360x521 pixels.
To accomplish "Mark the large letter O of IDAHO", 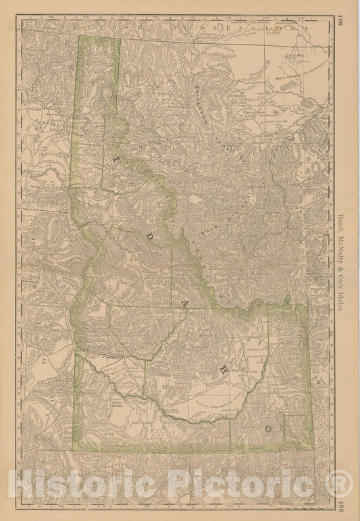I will pyautogui.click(x=269, y=427).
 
